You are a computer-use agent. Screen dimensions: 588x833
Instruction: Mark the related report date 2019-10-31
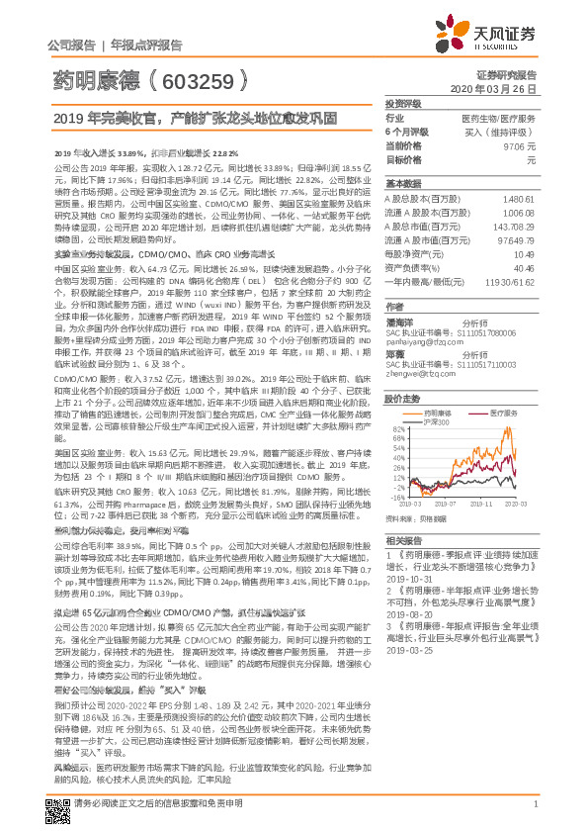click(x=405, y=581)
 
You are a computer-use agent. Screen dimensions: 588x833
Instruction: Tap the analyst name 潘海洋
click(x=400, y=321)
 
